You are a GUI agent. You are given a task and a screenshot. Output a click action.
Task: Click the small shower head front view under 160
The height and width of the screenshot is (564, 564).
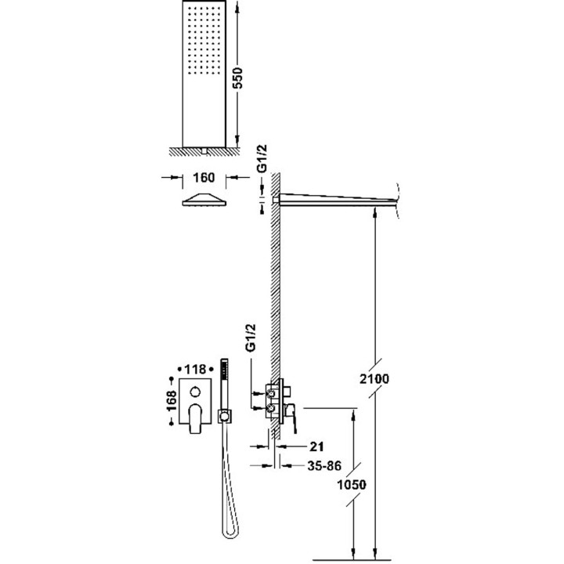[x=205, y=201]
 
